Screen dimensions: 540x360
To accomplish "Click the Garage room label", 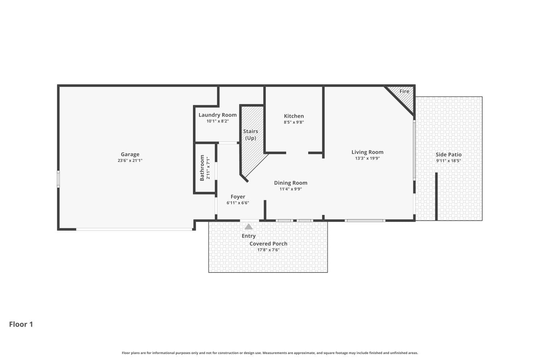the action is [x=130, y=154].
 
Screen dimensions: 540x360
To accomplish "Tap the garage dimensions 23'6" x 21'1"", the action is [x=130, y=161].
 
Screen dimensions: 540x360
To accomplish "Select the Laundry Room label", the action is [x=217, y=115].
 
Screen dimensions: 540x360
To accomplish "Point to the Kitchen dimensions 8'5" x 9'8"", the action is [x=294, y=122].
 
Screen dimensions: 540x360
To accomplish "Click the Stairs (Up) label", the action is [x=251, y=135].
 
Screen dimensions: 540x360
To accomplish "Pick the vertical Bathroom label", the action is [x=202, y=168].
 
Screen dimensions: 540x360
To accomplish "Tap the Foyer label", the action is [x=238, y=197].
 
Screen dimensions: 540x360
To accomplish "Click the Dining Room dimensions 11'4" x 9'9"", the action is [x=291, y=189].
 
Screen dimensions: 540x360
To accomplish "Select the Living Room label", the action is [x=367, y=152].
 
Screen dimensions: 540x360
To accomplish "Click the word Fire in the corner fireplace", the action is [x=404, y=91].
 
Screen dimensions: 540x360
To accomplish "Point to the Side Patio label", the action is [x=449, y=154].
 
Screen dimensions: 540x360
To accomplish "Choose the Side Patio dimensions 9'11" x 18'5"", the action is [x=449, y=161].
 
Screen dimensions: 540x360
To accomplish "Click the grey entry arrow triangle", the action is [x=248, y=227].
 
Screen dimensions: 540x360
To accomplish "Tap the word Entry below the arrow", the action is [x=248, y=236].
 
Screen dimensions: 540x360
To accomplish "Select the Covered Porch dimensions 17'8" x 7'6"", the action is [x=268, y=250].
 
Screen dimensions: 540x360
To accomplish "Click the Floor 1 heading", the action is [x=21, y=324].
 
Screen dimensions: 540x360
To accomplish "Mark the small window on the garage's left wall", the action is [x=58, y=179].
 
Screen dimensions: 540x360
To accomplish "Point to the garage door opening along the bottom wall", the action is [x=134, y=229].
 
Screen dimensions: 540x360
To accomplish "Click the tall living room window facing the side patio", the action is [x=414, y=150].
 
